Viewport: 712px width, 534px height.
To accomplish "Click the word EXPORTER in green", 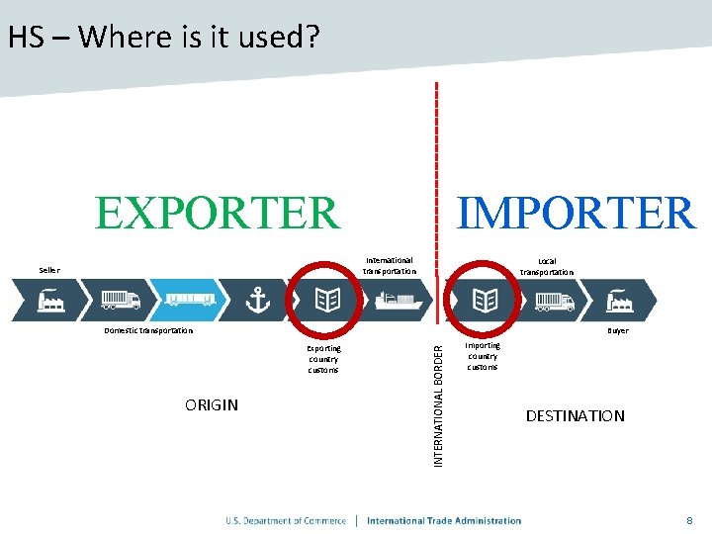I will [217, 213].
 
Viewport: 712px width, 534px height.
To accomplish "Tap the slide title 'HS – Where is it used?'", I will [163, 38].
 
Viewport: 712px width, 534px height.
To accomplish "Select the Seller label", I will [49, 270].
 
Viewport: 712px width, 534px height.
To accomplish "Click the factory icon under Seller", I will [51, 300].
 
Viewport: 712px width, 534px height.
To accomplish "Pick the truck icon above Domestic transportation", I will [121, 300].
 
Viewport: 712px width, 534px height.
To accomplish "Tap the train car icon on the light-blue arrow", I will [190, 300].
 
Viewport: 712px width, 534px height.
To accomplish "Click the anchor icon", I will [257, 300].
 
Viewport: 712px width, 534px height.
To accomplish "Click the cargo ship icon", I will [399, 300].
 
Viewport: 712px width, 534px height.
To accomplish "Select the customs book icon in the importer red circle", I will [485, 299].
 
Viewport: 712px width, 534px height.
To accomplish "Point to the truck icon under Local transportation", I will [553, 300].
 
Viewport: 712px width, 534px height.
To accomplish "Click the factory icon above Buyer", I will [620, 300].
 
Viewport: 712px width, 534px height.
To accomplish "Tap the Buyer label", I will [618, 331].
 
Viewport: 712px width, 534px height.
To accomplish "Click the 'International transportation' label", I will [390, 266].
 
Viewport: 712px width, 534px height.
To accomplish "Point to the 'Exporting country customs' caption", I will [323, 359].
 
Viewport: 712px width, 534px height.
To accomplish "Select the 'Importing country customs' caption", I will [484, 356].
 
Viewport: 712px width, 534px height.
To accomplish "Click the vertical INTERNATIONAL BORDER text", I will [439, 395].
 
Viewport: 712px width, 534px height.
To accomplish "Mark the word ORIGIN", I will [212, 404].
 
